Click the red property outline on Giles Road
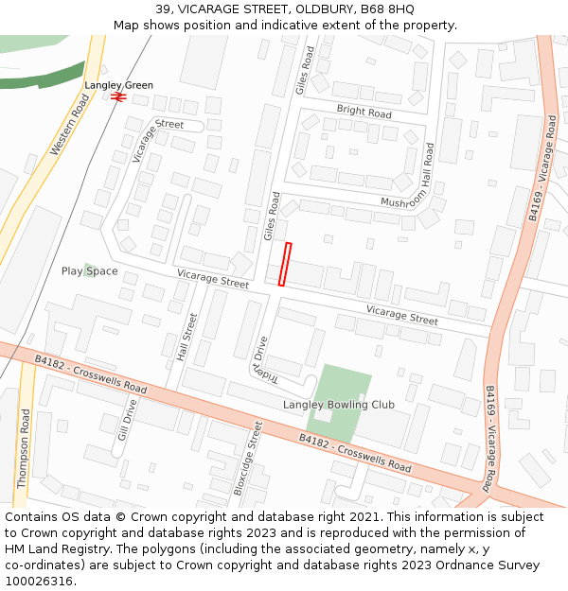coord(285,264)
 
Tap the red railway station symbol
coord(118,96)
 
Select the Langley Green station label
coord(118,85)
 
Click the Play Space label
coord(90,271)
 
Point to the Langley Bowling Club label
coord(339,405)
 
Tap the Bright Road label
coord(364,113)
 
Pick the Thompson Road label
coord(24,448)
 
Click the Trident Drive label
coord(259,358)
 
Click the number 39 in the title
coord(163,9)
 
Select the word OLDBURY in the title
coord(326,9)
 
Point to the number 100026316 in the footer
coord(38,581)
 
